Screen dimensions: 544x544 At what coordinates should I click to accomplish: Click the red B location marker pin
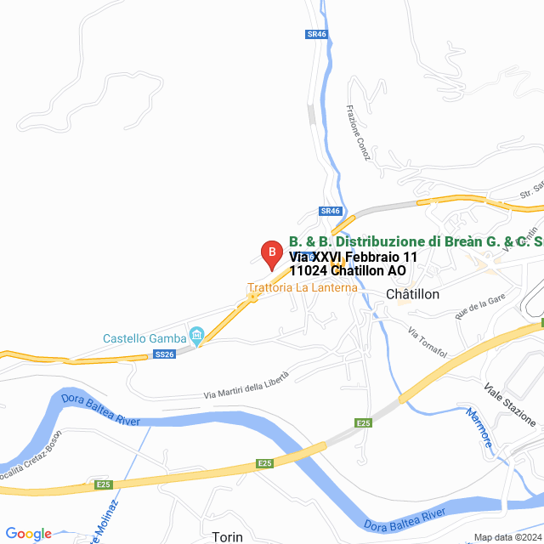[x=270, y=253]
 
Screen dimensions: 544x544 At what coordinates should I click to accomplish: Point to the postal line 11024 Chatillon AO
[x=348, y=271]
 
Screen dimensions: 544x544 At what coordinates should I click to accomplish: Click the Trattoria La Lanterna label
[x=303, y=287]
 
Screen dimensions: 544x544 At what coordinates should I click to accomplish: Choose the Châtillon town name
[x=412, y=294]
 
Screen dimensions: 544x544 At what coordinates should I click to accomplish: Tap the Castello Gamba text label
[x=144, y=338]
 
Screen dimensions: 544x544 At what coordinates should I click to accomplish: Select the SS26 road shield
[x=166, y=354]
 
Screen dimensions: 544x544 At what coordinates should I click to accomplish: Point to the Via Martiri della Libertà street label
[x=246, y=385]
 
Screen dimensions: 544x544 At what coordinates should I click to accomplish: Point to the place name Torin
[x=228, y=536]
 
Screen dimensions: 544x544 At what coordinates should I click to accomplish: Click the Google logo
[x=28, y=534]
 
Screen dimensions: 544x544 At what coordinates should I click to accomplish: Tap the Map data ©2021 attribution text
[x=508, y=537]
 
